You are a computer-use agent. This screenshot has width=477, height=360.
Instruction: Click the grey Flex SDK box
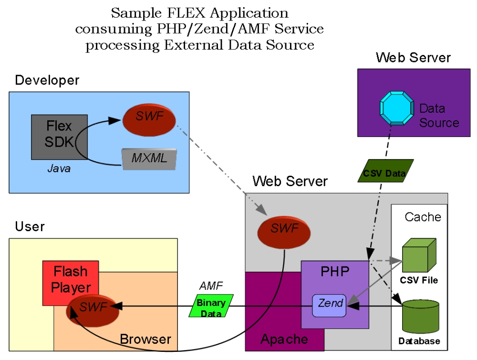(x=52, y=136)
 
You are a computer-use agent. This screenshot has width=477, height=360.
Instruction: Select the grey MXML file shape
(x=149, y=159)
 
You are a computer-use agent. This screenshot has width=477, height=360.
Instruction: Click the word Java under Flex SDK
(x=59, y=169)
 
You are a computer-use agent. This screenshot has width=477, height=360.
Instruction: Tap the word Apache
(x=284, y=339)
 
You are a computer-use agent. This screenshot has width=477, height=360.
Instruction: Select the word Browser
(x=145, y=339)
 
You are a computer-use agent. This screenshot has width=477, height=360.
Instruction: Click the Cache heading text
(x=423, y=217)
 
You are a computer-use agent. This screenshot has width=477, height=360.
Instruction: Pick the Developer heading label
(x=47, y=80)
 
